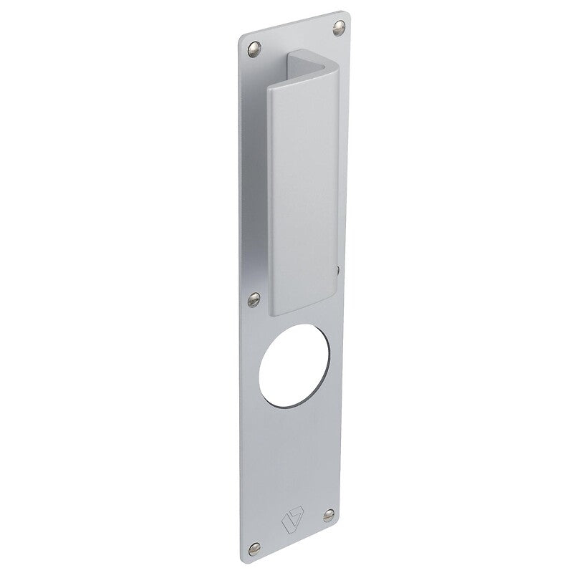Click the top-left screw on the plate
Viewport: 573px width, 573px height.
pyautogui.click(x=252, y=48)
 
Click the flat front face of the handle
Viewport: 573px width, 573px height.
pyautogui.click(x=302, y=193)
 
